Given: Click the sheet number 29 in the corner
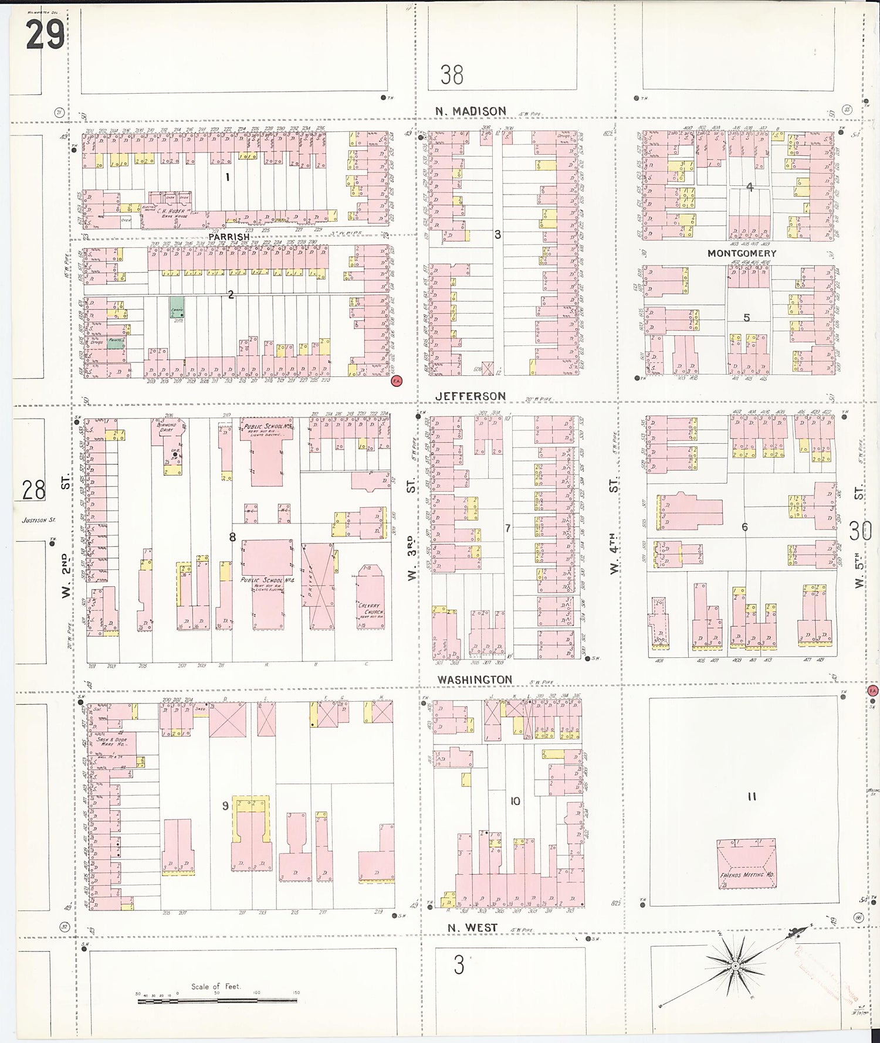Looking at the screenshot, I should click(x=45, y=34).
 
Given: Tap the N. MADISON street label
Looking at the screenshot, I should click(x=471, y=111).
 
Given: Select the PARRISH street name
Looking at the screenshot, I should click(x=229, y=237).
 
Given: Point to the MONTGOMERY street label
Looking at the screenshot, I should click(x=742, y=253).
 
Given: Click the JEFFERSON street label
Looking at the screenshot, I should click(x=471, y=396).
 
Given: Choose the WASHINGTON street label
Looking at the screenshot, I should click(x=474, y=680).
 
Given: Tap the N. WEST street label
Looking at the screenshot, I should click(x=472, y=928).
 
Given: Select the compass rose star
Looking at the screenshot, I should click(x=735, y=966).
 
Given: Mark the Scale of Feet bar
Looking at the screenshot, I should click(x=217, y=1001).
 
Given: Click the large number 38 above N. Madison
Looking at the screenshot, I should click(x=452, y=75).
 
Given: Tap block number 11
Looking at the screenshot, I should click(x=752, y=797).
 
